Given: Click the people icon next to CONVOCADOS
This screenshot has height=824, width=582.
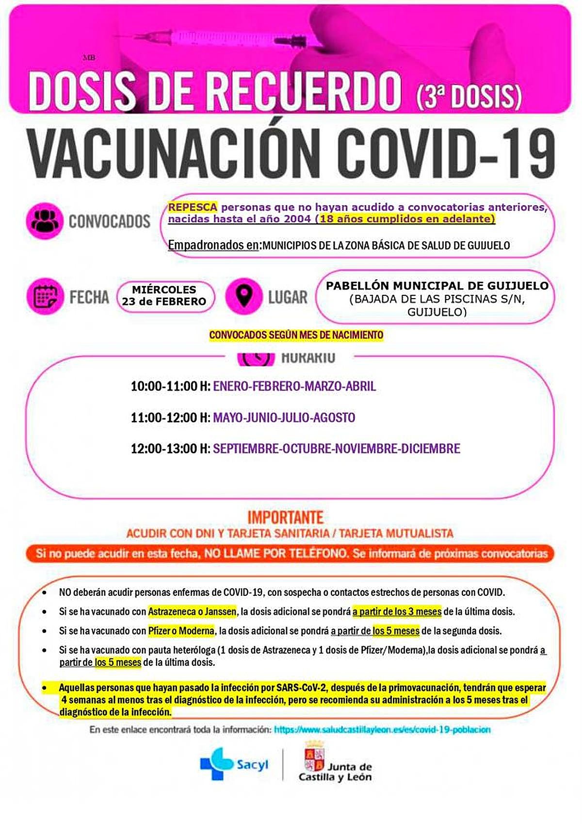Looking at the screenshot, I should (x=45, y=221).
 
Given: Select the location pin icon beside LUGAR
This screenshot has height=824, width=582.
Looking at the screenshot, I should (x=244, y=296).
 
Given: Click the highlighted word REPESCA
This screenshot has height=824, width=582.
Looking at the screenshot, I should (x=193, y=207).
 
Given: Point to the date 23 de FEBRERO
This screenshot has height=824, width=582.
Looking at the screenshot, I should (x=164, y=302).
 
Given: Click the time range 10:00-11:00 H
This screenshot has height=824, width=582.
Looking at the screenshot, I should (x=170, y=387).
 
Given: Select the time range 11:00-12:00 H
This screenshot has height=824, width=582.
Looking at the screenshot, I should (x=170, y=418).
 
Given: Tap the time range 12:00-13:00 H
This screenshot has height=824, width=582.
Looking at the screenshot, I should (x=170, y=449).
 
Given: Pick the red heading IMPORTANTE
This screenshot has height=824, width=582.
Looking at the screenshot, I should (x=285, y=517).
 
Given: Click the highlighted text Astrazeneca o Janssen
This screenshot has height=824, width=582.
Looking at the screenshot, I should (x=193, y=612).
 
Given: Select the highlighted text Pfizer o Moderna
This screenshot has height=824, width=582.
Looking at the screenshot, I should (x=181, y=631).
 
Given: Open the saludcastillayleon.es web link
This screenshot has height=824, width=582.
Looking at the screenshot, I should (x=382, y=730).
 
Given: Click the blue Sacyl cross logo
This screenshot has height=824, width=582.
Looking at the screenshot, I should (x=216, y=763).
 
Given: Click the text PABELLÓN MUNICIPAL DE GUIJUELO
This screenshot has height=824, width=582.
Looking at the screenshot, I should (x=437, y=286).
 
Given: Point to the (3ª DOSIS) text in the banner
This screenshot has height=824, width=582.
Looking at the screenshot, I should (x=469, y=96).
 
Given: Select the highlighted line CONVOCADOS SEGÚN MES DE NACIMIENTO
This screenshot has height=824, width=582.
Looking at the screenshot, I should (x=296, y=335).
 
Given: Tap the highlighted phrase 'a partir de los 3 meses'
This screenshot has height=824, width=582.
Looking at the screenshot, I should (x=397, y=612).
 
